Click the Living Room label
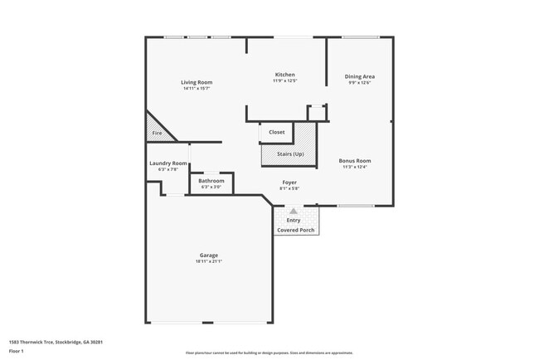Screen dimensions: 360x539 tap(197, 82)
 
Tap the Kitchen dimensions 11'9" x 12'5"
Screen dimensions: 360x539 tap(284, 81)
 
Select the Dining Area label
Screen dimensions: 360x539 tap(359, 76)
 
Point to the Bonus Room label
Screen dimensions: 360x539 tap(354, 160)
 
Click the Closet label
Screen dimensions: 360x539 tap(277, 132)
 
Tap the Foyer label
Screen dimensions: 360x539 tap(289, 182)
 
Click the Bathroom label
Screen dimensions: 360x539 tap(211, 180)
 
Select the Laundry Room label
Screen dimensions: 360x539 tap(163, 163)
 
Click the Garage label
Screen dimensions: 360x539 tap(208, 255)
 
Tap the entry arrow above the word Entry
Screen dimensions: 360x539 tap(293, 212)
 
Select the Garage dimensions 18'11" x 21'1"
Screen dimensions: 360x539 tap(208, 261)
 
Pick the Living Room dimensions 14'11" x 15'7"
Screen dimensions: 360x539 tap(197, 89)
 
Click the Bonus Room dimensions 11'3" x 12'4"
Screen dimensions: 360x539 tap(354, 167)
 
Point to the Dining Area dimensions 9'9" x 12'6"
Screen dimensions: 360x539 tap(359, 83)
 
